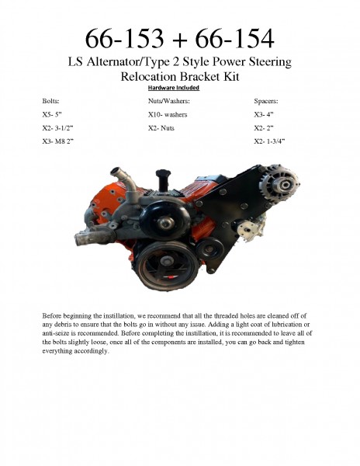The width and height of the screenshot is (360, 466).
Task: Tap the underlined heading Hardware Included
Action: pyautogui.click(x=180, y=89)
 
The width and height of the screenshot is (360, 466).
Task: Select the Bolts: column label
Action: pyautogui.click(x=50, y=101)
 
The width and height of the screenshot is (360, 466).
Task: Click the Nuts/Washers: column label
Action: pyautogui.click(x=168, y=101)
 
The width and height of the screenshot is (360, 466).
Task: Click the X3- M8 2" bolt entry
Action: pyautogui.click(x=59, y=141)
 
